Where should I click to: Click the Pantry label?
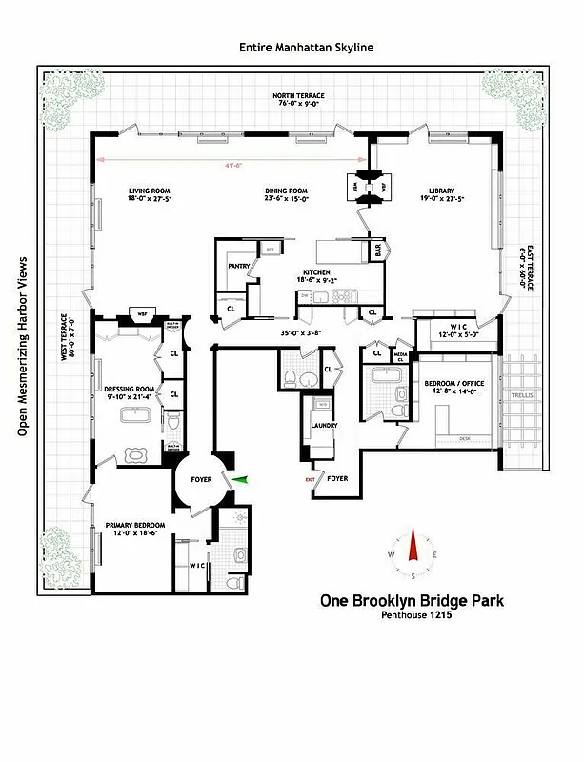click(238, 267)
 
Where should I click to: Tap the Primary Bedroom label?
click(135, 526)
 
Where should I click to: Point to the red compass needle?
click(413, 547)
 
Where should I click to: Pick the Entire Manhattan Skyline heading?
click(306, 47)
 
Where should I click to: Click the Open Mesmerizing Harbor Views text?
click(22, 347)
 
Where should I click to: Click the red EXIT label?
click(310, 479)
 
